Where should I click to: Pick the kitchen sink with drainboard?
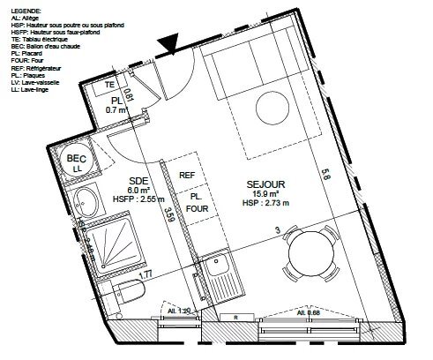(x=214, y=273)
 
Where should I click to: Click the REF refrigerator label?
(x=186, y=175)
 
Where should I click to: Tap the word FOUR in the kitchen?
(x=198, y=209)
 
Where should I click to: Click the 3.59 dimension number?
(x=170, y=213)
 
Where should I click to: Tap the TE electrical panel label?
(x=110, y=85)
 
